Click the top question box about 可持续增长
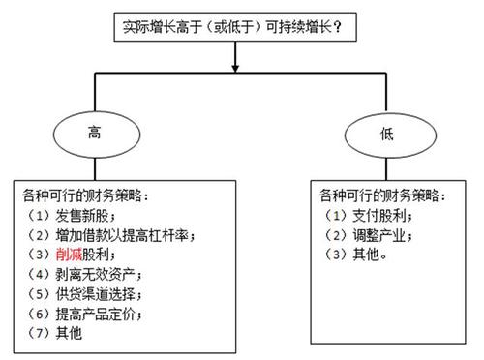pyautogui.click(x=235, y=27)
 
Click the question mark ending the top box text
pyautogui.click(x=347, y=28)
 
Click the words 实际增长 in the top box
pyautogui.click(x=151, y=28)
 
